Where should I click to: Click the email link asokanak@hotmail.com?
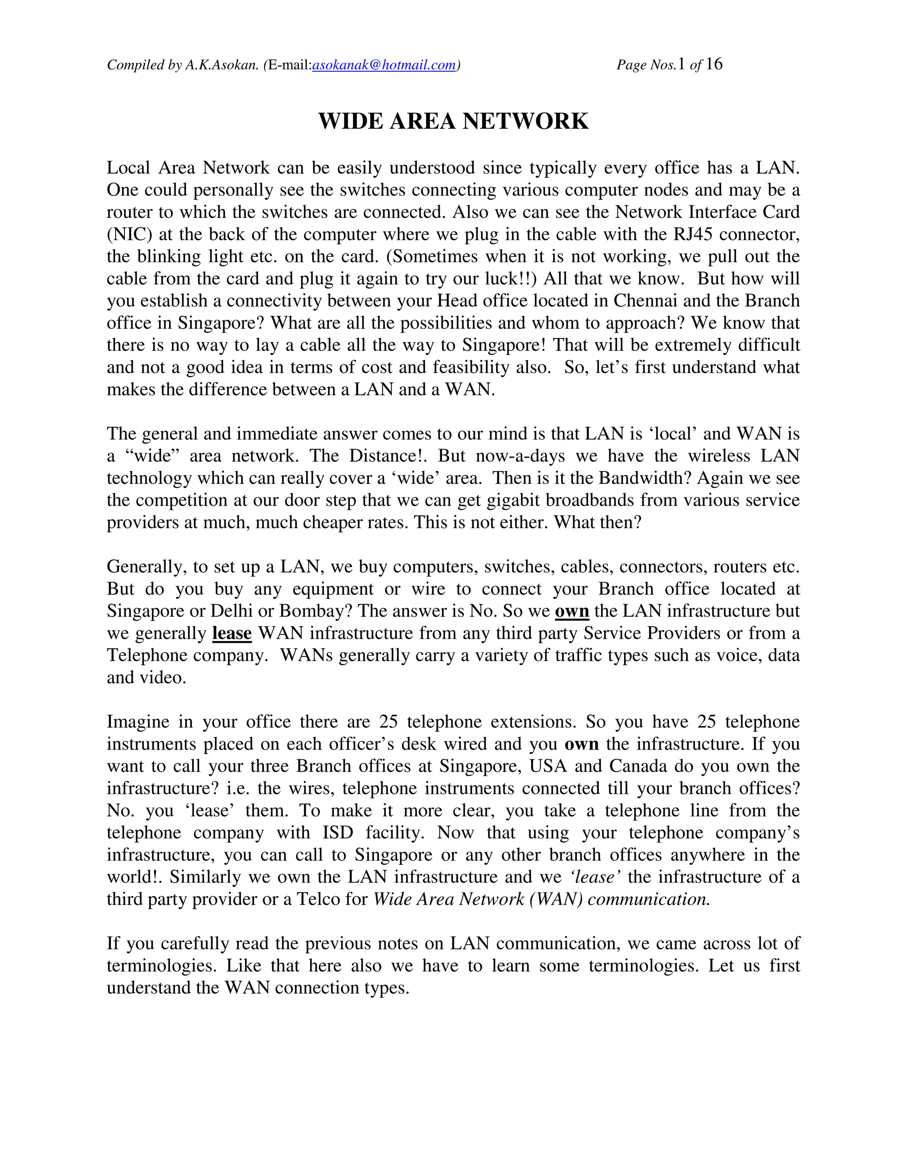coord(384,65)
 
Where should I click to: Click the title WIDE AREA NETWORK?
coord(453,121)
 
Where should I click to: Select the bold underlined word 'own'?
coord(572,611)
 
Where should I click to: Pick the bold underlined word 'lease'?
coord(232,633)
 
